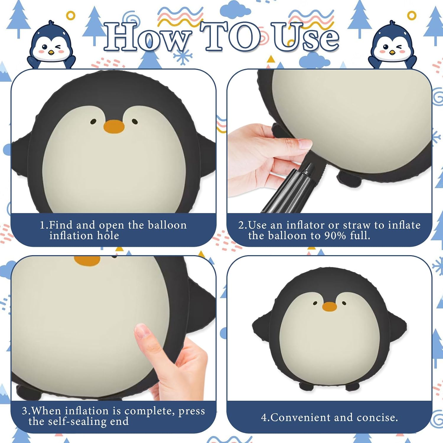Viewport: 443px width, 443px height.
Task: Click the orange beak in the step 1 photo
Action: coord(114,126)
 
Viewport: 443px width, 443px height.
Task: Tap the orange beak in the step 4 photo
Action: coord(330,307)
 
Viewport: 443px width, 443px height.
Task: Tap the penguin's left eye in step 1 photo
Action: coord(93,121)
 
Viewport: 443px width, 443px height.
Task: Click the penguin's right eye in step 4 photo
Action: coord(344,303)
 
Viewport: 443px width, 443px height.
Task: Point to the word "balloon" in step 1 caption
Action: coord(167,225)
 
